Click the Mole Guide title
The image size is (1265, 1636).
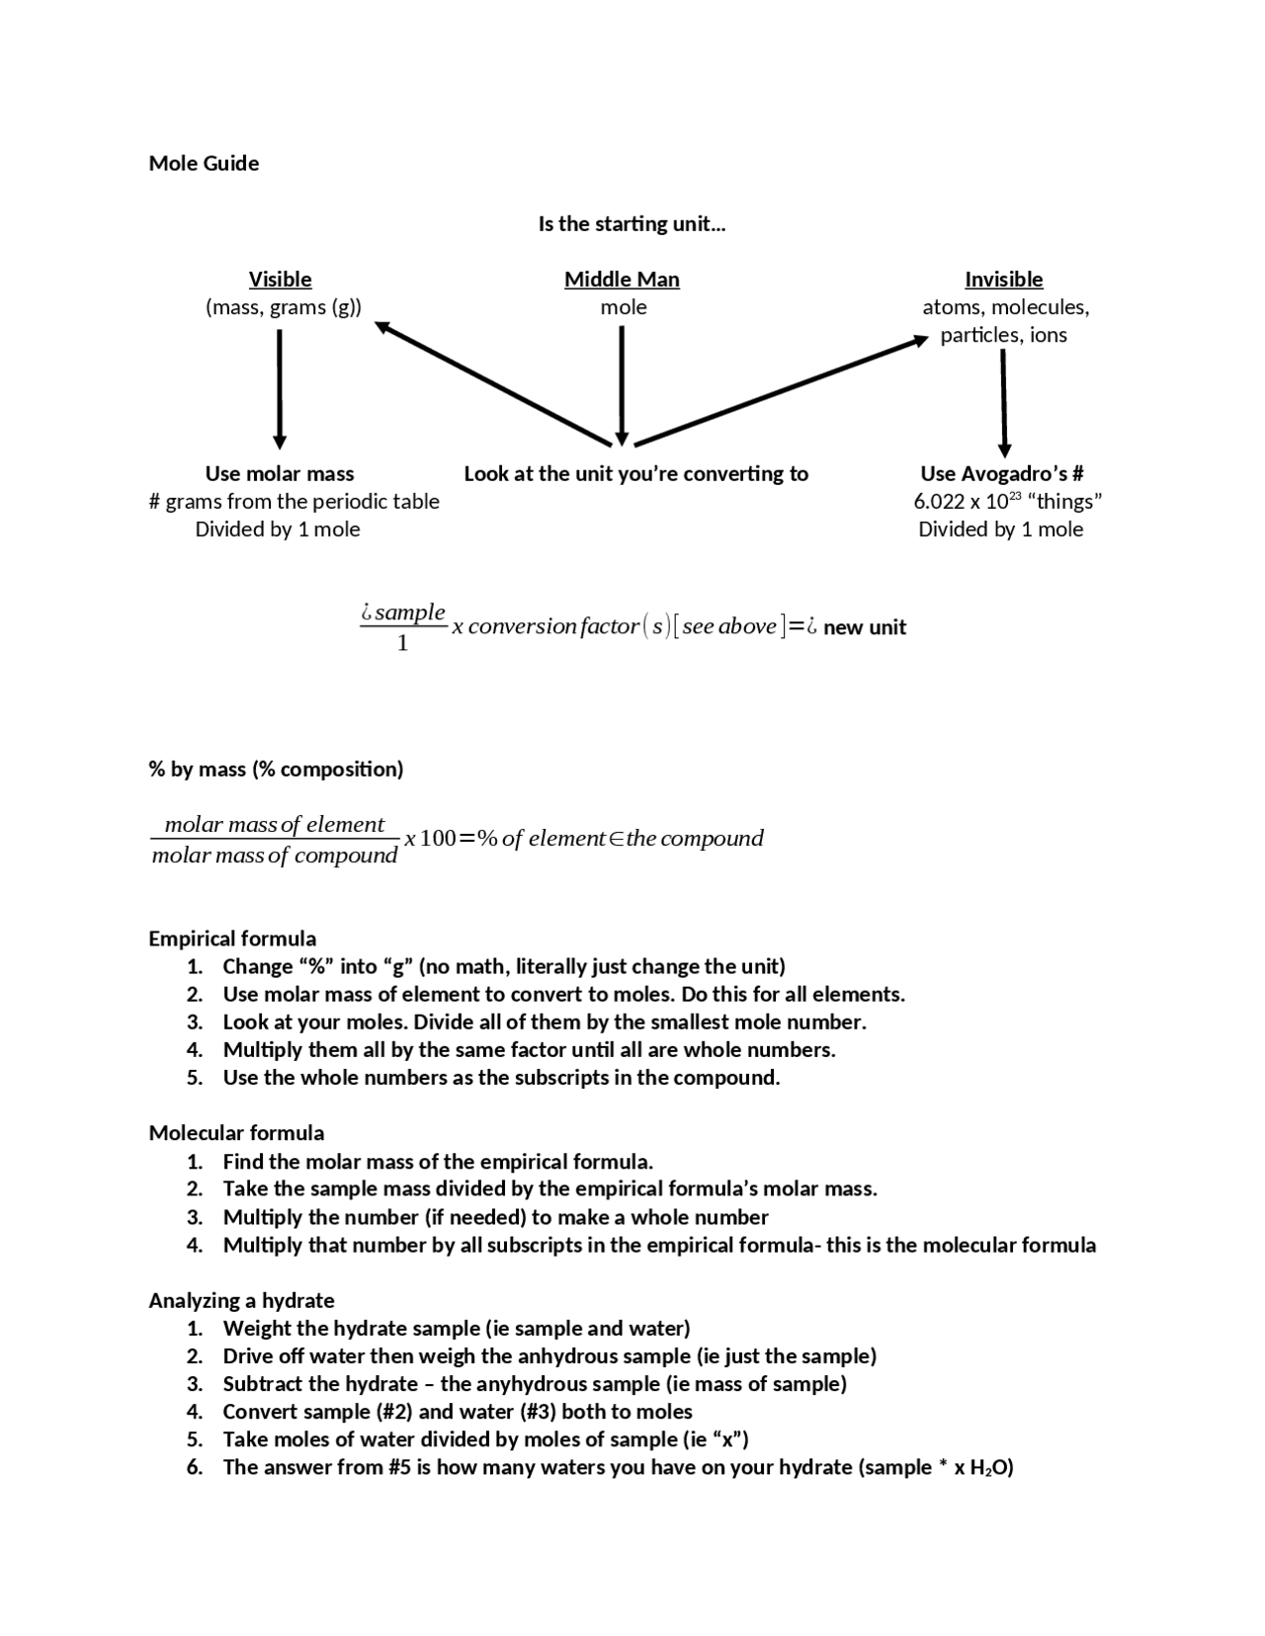tap(204, 163)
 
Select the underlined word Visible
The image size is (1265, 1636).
tap(280, 280)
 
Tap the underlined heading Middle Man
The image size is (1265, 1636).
tap(622, 280)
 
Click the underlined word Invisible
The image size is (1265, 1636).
tap(1003, 280)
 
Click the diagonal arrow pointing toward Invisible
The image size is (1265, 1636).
tap(781, 391)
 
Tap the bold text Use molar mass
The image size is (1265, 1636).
tap(280, 473)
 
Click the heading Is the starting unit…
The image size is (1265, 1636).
tap(632, 223)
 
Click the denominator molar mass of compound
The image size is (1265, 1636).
tap(275, 856)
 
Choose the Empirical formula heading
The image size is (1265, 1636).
tap(232, 939)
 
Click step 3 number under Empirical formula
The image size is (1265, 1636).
tap(195, 1022)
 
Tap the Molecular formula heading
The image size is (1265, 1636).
tap(236, 1133)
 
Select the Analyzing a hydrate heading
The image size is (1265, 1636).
tap(241, 1300)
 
